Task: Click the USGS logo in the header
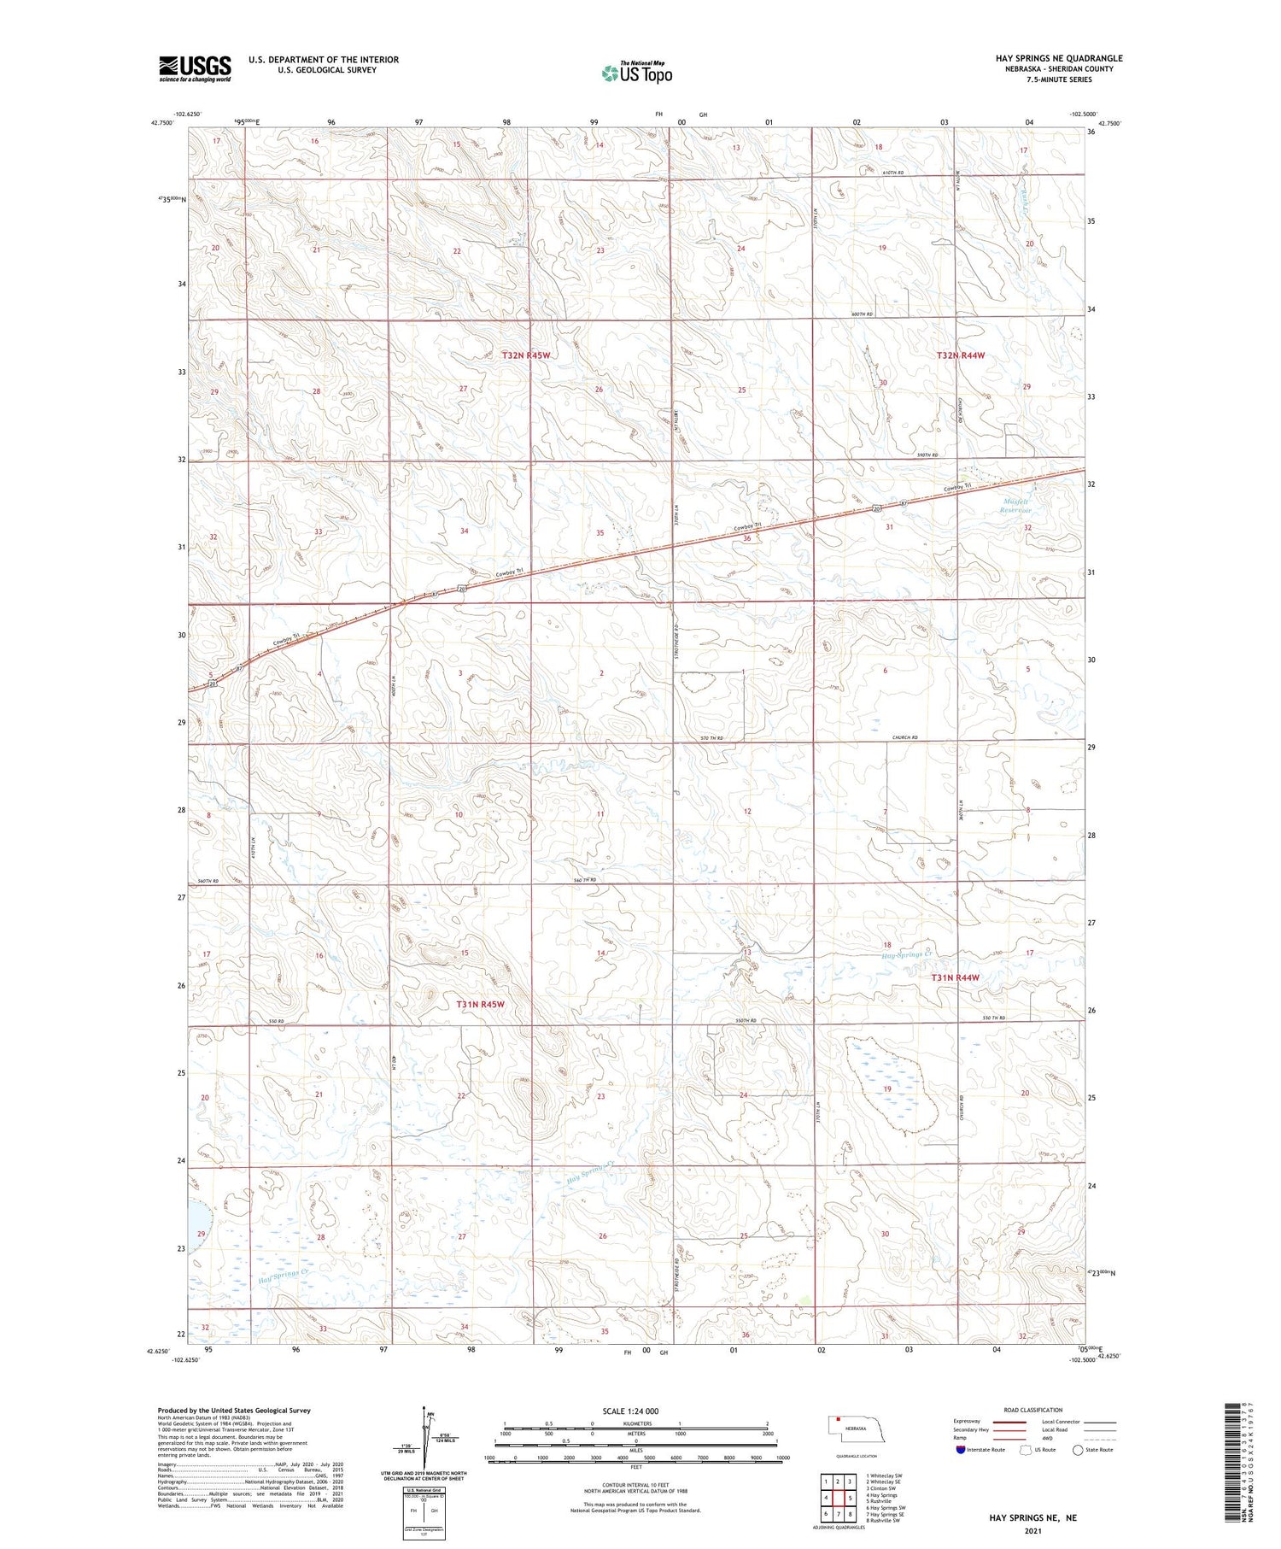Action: [195, 68]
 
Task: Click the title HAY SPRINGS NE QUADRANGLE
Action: [1059, 58]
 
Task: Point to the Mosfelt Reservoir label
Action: [1016, 506]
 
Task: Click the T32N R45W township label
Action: [526, 355]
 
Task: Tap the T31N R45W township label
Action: [480, 1005]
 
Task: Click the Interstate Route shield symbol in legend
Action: [961, 1450]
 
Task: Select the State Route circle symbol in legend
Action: [1078, 1450]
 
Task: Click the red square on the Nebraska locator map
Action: [839, 1423]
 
